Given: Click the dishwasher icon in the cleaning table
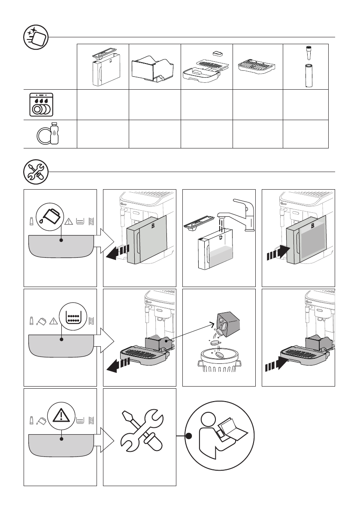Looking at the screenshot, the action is coord(42,105).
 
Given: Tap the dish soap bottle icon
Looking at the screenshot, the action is coord(54,134).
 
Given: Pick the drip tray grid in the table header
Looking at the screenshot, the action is coord(256,67).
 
